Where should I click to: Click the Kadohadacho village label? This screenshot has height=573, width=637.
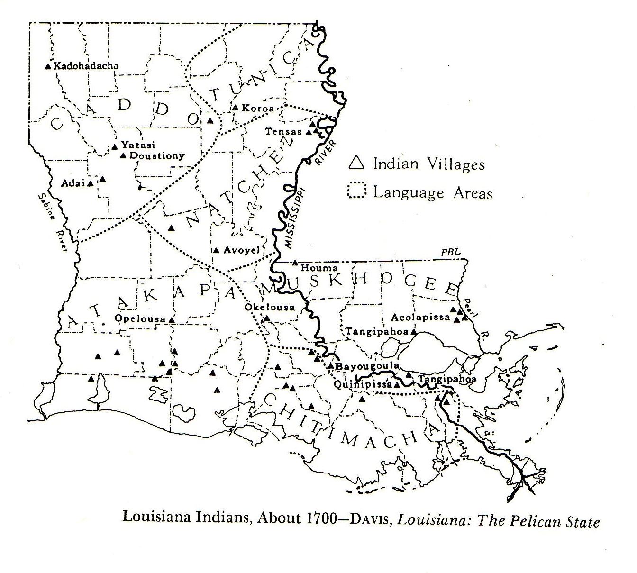point(86,66)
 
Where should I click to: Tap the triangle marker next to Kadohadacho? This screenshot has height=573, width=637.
point(47,66)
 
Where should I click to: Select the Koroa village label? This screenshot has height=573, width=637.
point(257,108)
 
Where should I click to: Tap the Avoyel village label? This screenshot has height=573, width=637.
point(242,250)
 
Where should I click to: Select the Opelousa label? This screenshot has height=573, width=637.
point(140,319)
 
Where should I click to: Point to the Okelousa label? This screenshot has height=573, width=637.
point(270,307)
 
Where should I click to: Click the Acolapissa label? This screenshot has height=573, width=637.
point(420,317)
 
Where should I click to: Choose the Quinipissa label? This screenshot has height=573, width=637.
point(363,384)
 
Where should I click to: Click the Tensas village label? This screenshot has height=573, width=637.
point(283,131)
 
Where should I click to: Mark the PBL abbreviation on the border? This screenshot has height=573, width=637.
point(450,252)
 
